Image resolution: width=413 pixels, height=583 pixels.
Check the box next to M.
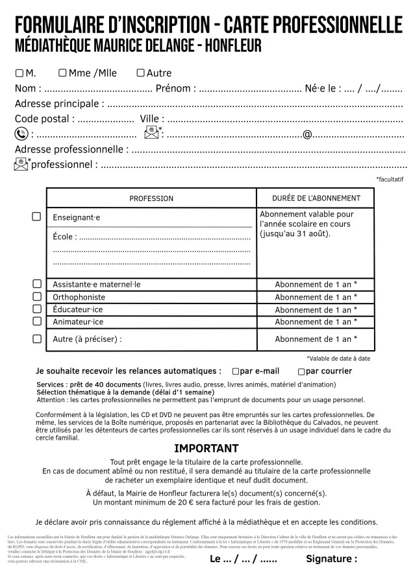point(19,73)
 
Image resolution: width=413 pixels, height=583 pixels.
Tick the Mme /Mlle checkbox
point(62,73)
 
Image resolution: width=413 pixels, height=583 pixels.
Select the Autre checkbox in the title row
point(140,73)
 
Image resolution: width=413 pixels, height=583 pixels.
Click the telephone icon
point(21,134)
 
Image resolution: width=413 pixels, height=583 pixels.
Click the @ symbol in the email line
point(307,134)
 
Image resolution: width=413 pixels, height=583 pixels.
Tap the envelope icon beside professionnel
point(21,164)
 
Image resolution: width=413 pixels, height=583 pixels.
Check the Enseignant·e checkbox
point(36,217)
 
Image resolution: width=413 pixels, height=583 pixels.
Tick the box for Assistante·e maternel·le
point(36,284)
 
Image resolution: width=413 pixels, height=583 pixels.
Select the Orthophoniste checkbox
point(36,296)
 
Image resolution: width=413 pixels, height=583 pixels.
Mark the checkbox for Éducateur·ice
point(36,309)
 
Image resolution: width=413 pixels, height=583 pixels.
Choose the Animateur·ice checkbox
point(36,321)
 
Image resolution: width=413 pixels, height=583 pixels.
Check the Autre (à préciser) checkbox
point(36,339)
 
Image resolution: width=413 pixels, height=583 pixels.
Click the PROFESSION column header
point(151,198)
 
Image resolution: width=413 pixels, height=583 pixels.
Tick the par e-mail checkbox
point(235,372)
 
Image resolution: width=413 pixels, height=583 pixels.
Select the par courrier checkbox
point(301,372)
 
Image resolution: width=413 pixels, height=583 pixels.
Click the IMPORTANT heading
point(206,448)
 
